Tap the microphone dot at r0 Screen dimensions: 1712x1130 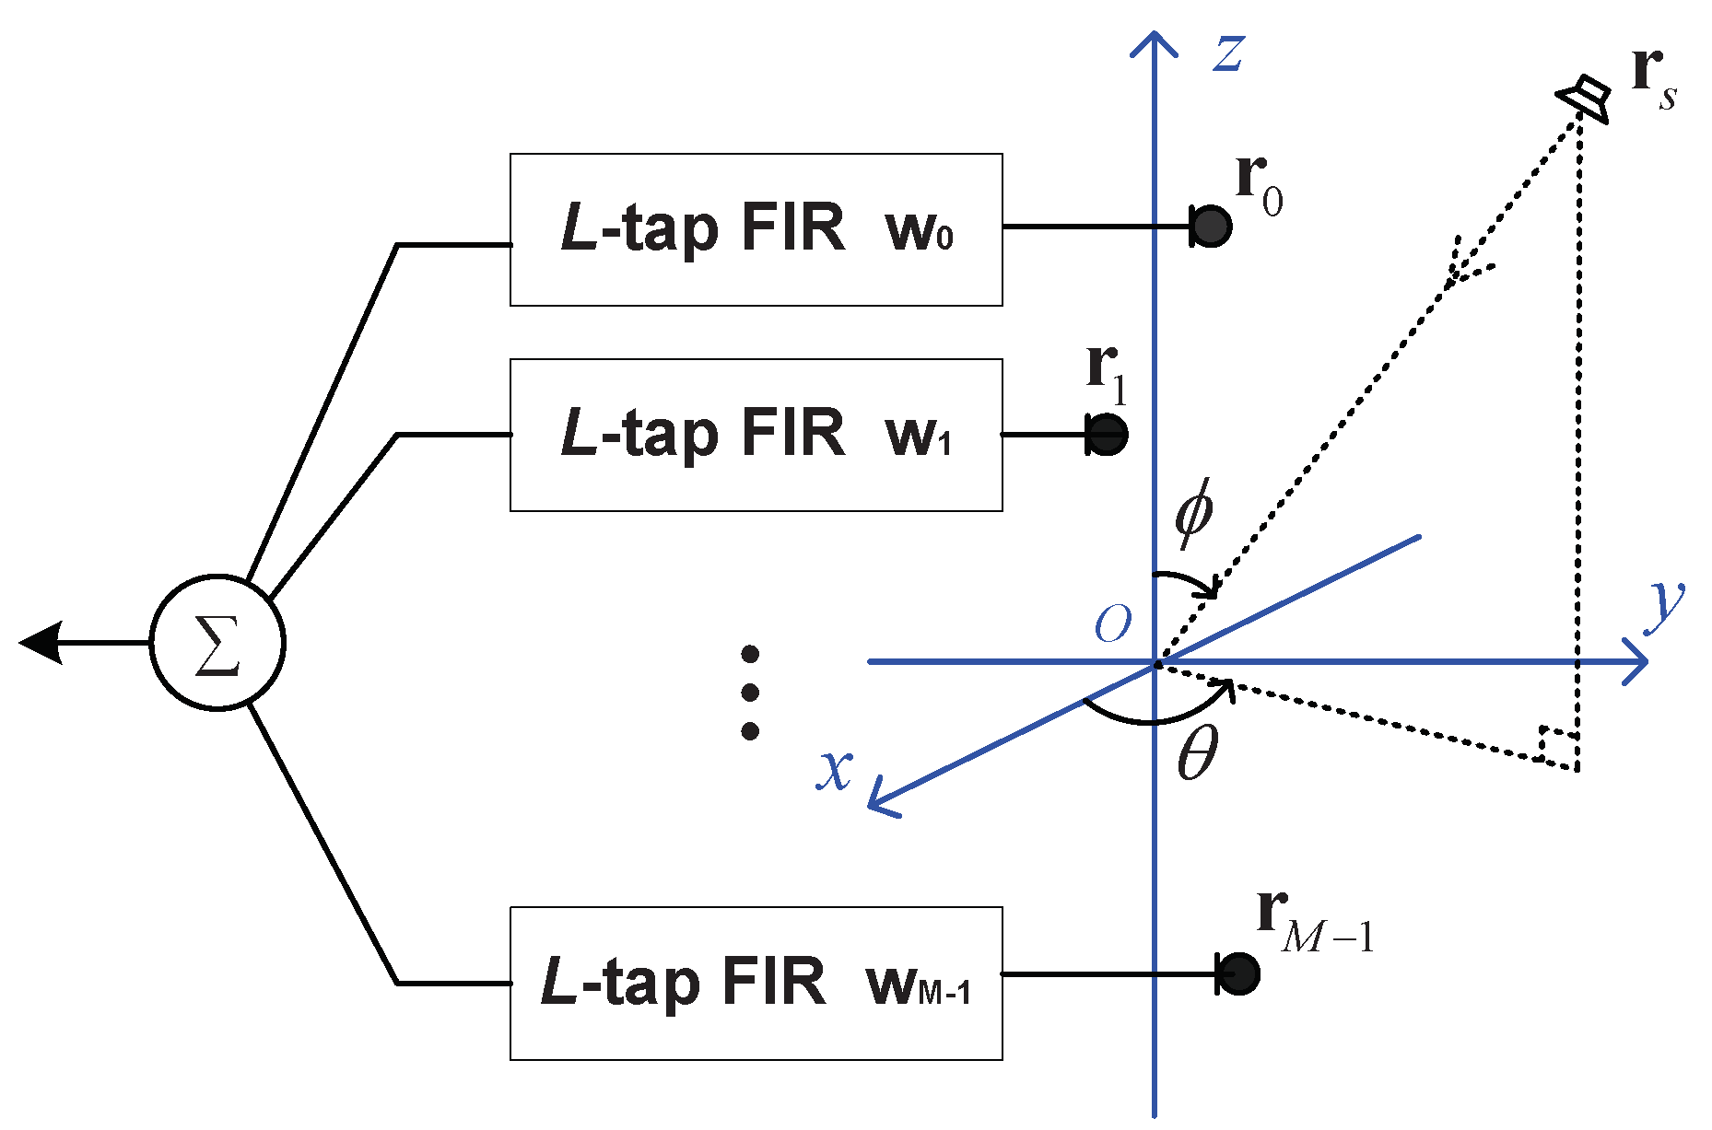pos(1212,227)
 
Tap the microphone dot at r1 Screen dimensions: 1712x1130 pos(1107,434)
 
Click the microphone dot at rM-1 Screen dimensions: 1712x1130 pos(1238,973)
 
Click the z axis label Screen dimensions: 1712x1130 pos(1229,52)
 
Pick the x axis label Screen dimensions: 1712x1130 pos(835,769)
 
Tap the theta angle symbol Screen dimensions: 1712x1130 pos(1198,752)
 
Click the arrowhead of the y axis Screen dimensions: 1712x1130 pos(1635,661)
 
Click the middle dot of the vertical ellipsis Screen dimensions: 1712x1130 pos(750,693)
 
